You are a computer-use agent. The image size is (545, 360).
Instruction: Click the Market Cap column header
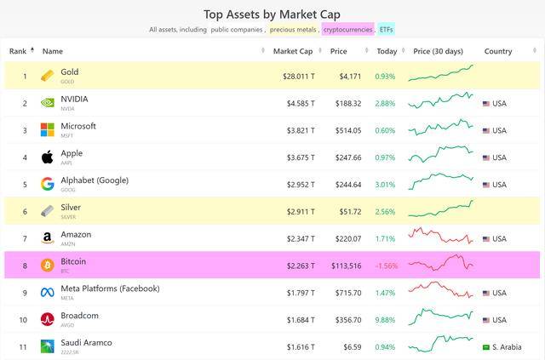(x=292, y=51)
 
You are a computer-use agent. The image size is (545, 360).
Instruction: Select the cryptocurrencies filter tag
(x=348, y=30)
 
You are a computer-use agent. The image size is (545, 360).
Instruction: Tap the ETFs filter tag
(x=387, y=30)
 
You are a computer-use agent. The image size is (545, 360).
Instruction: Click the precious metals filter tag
(x=294, y=30)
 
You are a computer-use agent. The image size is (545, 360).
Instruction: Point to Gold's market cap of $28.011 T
(x=298, y=77)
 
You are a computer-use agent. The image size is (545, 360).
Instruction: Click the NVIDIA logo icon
(x=48, y=104)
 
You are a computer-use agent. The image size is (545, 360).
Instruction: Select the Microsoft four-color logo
(x=48, y=131)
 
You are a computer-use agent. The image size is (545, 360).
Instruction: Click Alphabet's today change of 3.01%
(x=385, y=185)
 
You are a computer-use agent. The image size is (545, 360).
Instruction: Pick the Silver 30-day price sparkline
(x=440, y=210)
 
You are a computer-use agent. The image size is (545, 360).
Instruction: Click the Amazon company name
(x=76, y=234)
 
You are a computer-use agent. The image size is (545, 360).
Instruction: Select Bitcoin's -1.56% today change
(x=386, y=266)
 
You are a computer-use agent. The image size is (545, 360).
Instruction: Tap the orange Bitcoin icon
(x=48, y=266)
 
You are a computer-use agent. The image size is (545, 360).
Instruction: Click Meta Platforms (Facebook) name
(x=110, y=289)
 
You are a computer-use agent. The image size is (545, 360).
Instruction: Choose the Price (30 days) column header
(x=439, y=51)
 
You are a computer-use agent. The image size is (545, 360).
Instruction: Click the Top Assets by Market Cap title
(x=272, y=14)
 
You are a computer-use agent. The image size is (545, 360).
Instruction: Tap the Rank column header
(x=18, y=51)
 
